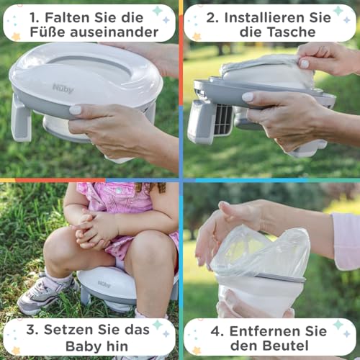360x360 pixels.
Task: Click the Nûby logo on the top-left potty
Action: tap(63, 88)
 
